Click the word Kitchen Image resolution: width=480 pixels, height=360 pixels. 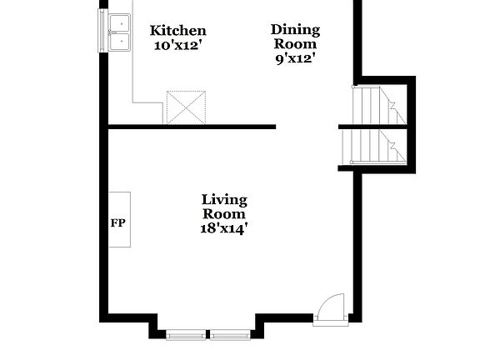(177, 31)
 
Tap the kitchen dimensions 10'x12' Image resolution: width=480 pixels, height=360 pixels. (177, 45)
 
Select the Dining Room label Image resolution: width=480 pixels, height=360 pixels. (294, 37)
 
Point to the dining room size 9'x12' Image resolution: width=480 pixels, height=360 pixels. (294, 58)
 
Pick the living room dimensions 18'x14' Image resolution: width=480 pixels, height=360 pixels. (224, 227)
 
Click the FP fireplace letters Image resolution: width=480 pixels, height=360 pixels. (117, 223)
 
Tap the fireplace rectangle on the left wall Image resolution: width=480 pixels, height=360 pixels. (120, 219)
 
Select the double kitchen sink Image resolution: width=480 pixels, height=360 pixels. (119, 32)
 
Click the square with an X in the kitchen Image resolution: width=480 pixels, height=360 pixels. (186, 107)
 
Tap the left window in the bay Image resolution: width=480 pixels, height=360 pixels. (187, 335)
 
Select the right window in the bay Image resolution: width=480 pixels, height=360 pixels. (229, 335)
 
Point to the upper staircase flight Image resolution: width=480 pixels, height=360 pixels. (377, 105)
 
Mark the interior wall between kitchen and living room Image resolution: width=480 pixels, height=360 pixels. (192, 127)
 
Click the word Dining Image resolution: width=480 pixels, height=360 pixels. (294, 30)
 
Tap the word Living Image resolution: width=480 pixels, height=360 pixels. (224, 199)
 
